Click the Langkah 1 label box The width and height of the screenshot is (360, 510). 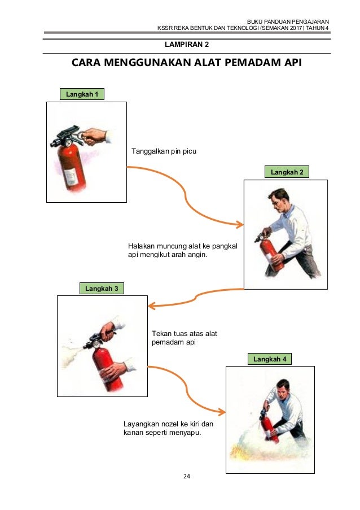click(82, 94)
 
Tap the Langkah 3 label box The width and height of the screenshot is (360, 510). click(101, 289)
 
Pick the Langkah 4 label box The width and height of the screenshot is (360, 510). click(269, 359)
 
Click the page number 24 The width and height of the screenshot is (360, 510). click(187, 476)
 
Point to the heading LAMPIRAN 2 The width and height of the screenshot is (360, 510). click(186, 43)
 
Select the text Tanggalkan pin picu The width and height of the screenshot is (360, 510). click(164, 151)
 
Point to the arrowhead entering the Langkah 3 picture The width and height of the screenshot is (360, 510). click(151, 306)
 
